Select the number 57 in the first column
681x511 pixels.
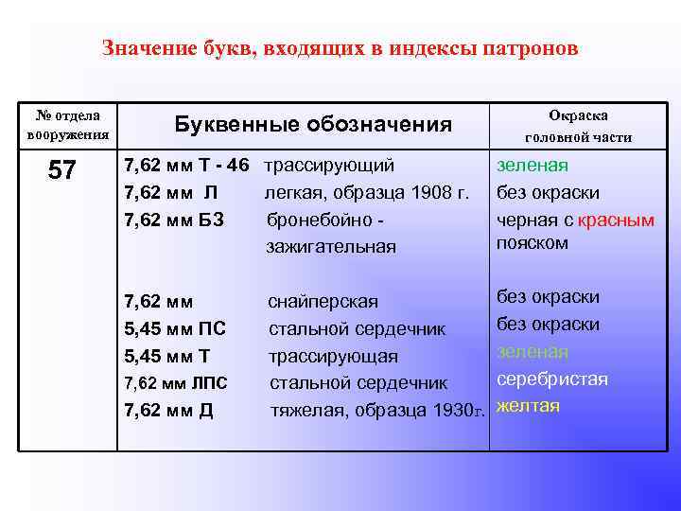[x=62, y=171]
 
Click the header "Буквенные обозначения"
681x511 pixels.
[x=314, y=125]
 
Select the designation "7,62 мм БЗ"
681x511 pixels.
[x=174, y=220]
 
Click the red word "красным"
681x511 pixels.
[x=616, y=220]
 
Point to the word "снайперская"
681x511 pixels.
[x=323, y=302]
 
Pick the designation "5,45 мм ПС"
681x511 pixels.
[x=175, y=329]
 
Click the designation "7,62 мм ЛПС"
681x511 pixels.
[x=176, y=383]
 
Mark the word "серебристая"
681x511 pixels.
[x=552, y=379]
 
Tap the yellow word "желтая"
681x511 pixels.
[x=528, y=406]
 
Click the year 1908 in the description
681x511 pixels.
[x=422, y=194]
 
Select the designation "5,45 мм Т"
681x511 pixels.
[x=167, y=356]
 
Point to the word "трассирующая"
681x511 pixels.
[x=333, y=357]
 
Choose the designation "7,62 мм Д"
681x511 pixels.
[x=169, y=410]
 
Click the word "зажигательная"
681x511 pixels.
[x=331, y=247]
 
